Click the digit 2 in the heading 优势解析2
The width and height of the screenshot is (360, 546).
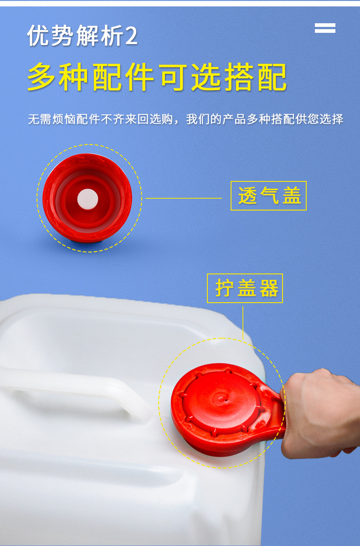(x=131, y=36)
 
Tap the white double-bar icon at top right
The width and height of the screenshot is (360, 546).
(x=325, y=28)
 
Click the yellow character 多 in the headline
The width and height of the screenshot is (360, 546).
(x=43, y=77)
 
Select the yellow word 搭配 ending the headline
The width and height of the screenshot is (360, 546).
(x=256, y=77)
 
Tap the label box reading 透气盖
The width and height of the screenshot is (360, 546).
(x=268, y=196)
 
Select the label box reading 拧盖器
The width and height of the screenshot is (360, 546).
(x=245, y=288)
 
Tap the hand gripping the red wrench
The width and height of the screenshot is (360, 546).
(x=321, y=415)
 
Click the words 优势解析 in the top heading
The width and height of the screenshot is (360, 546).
(x=75, y=36)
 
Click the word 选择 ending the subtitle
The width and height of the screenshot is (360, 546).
(x=332, y=119)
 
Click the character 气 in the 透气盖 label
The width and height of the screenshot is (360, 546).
(x=268, y=196)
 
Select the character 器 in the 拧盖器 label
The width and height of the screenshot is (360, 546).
(x=269, y=288)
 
